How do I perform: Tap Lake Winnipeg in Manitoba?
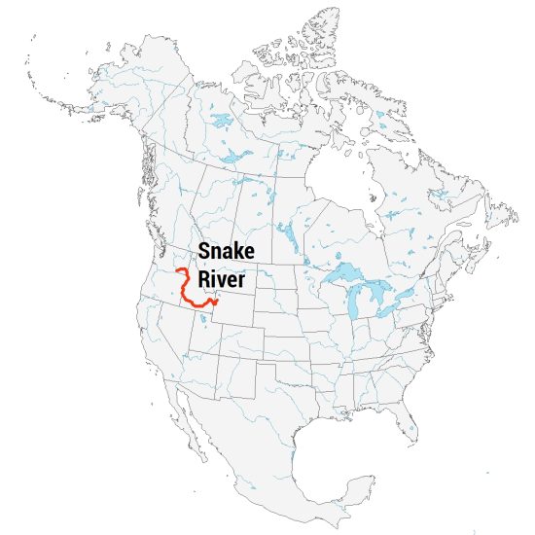288,233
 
